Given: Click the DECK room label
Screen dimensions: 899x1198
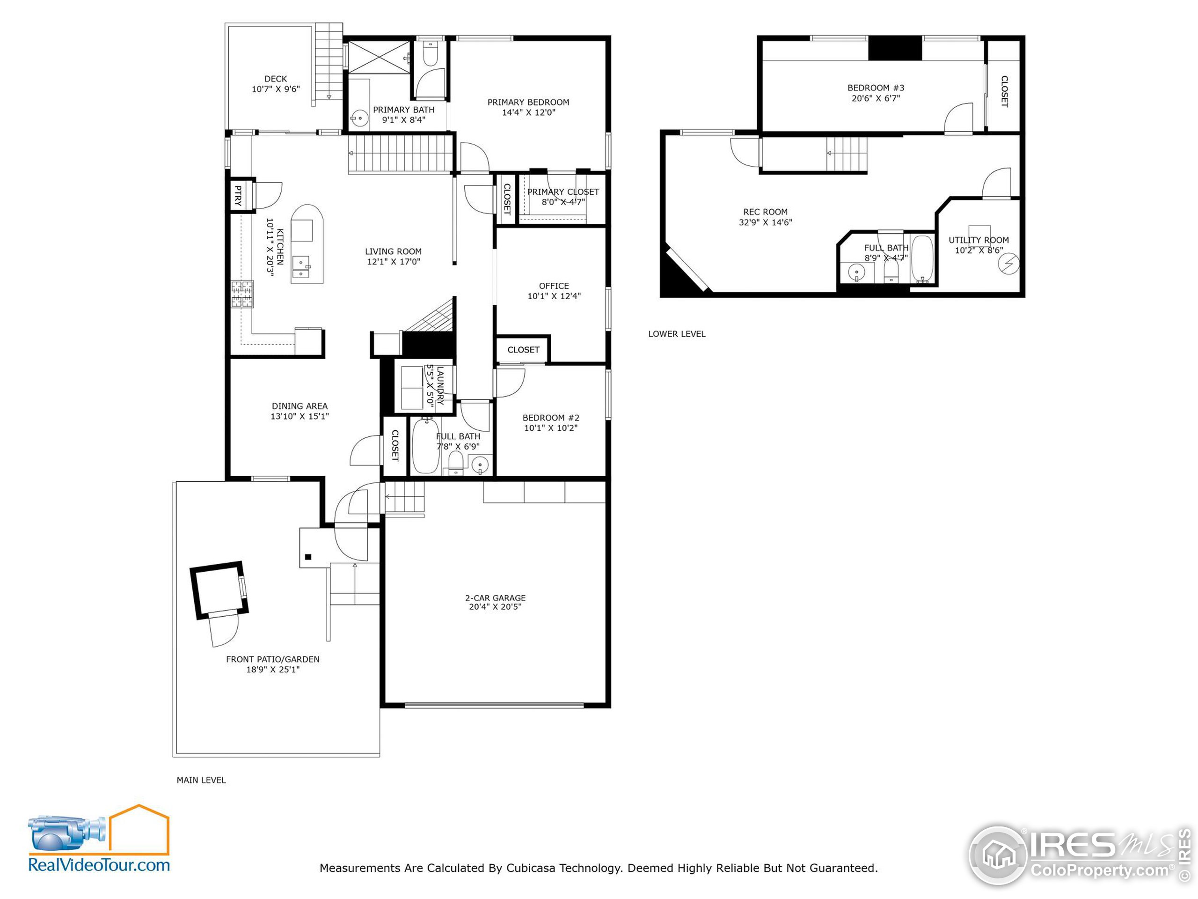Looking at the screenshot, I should point(276,79).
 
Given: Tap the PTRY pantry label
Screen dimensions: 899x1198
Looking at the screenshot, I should point(238,196).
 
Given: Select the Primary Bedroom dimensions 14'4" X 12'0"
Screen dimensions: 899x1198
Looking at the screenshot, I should point(529,113).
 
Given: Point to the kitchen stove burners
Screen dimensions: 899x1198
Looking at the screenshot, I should point(242,294).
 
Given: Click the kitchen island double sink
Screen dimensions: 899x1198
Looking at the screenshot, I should point(301,266).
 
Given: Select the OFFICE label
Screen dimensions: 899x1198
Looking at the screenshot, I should point(554,286).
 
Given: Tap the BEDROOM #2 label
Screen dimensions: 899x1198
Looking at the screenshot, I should point(551,418).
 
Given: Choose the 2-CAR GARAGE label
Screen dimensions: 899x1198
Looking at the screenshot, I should point(495,598).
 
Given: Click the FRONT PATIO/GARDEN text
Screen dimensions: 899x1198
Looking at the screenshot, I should point(272,659).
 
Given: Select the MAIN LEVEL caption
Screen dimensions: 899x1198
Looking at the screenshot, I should point(201,780).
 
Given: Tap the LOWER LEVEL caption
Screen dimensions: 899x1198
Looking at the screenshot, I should point(676,334).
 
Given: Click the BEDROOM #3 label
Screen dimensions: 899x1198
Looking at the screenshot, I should point(875,88).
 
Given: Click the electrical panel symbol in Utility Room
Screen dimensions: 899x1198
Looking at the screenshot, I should point(1008,265).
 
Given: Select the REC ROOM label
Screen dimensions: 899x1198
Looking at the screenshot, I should point(765,212).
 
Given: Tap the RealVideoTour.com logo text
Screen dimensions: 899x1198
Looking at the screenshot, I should point(99,864).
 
